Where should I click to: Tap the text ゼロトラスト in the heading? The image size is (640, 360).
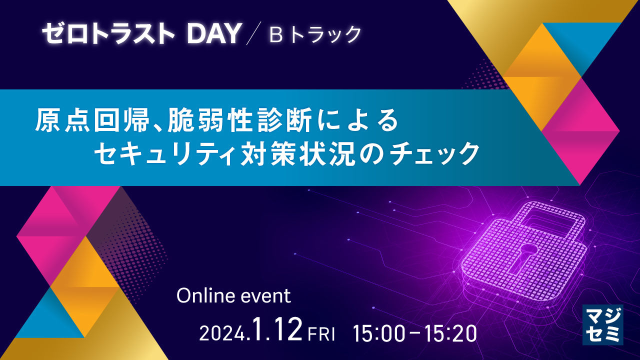point(108,33)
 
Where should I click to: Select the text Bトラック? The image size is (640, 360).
point(315,34)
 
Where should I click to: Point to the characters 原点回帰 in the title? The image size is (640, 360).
point(92,120)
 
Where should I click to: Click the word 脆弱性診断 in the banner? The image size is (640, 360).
point(239,120)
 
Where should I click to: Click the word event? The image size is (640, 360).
point(266,296)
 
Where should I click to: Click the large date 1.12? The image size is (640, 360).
point(277,328)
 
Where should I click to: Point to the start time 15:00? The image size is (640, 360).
point(379,333)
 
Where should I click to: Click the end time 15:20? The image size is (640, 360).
point(451,333)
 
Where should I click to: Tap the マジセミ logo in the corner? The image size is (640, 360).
point(603,325)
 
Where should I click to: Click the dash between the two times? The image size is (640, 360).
point(415,333)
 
